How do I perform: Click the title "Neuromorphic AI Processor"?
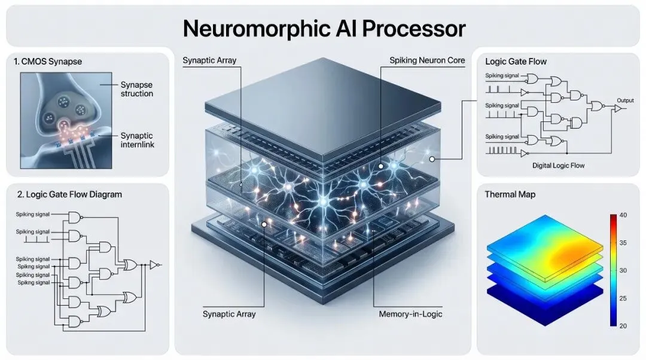pos(324,28)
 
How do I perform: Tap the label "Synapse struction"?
pos(136,89)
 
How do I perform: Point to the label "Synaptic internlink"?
pos(137,140)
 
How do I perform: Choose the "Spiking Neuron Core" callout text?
pos(426,60)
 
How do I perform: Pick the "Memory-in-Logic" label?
pos(410,314)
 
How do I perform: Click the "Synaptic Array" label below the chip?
pos(229,314)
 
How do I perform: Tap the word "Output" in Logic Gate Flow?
pos(625,100)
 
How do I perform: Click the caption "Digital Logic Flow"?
pos(557,165)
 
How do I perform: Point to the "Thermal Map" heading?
pos(510,194)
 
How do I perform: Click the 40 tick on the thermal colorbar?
pos(623,215)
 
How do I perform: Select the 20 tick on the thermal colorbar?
pos(623,325)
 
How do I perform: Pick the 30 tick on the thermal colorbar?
pos(623,270)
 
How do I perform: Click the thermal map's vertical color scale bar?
pos(613,270)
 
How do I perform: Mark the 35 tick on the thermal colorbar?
pos(623,243)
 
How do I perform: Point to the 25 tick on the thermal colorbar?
pos(623,298)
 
